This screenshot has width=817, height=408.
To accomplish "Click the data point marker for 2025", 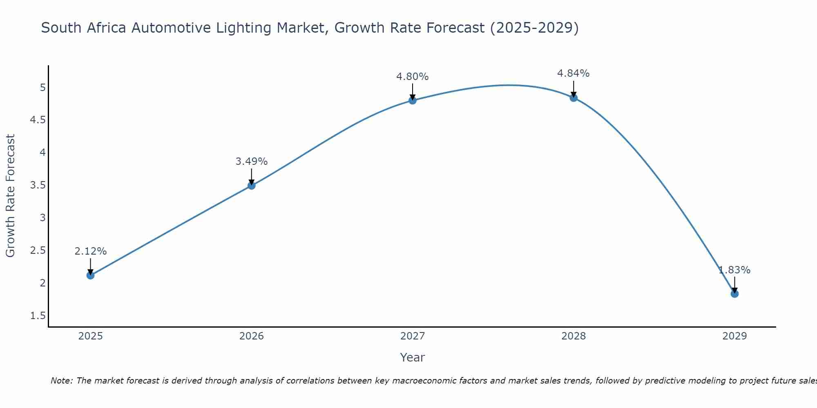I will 90,275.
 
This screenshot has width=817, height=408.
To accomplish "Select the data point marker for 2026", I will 251,186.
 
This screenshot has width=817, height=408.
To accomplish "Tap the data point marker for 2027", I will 412,100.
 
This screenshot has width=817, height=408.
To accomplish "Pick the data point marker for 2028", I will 573,98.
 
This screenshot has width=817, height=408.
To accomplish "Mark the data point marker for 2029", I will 734,294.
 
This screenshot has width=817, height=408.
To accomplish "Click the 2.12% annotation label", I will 90,251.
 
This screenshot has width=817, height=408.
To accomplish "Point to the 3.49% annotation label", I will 251,162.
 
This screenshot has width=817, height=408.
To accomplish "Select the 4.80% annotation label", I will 412,77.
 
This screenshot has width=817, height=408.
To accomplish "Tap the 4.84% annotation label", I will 573,73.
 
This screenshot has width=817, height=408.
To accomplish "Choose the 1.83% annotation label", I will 734,270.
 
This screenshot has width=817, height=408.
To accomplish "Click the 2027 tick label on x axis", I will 412,336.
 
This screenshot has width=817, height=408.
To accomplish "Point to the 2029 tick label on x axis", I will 734,336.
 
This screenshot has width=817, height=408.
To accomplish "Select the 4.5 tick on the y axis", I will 38,120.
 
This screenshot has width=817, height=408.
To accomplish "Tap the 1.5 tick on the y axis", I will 38,316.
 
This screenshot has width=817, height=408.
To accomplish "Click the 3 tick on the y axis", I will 42,218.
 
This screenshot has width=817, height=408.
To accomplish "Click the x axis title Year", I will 412,357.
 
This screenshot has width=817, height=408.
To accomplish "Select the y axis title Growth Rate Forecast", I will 10,195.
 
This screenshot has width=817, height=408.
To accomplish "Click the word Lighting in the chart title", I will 244,28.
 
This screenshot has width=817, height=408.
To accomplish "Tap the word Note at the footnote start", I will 61,381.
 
